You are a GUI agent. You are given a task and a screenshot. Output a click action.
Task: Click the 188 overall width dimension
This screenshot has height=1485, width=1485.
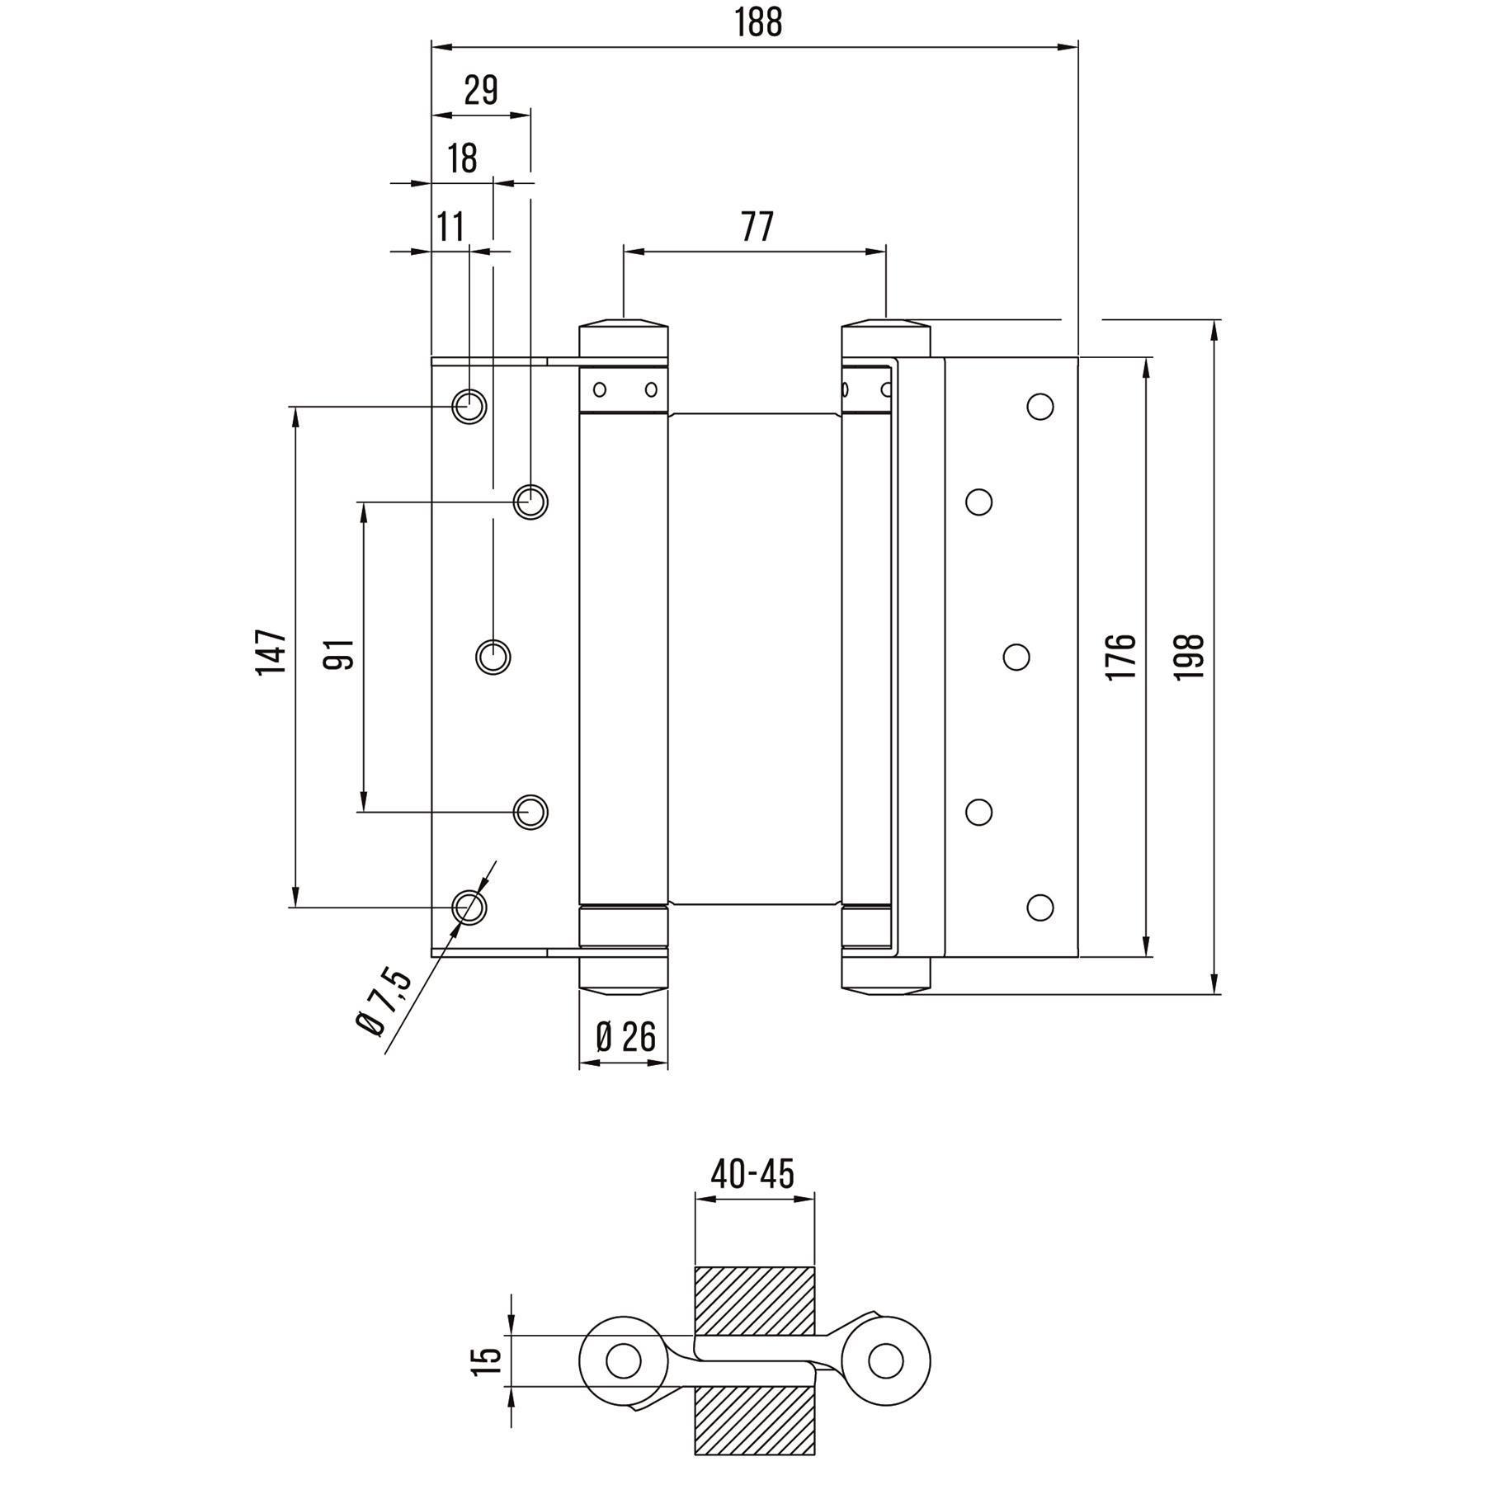(x=757, y=23)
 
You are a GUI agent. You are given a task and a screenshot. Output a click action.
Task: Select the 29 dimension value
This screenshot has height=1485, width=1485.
(x=480, y=90)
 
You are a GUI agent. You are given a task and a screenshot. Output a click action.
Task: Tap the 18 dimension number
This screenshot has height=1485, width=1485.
(x=463, y=158)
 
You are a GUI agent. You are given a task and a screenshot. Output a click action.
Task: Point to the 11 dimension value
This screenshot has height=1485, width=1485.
(x=450, y=226)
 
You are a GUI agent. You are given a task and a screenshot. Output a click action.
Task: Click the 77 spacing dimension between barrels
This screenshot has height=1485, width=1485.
(x=757, y=226)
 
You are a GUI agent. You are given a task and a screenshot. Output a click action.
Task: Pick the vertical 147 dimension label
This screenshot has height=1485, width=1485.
(x=271, y=652)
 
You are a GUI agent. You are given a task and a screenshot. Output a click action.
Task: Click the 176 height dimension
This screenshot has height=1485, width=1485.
(x=1121, y=657)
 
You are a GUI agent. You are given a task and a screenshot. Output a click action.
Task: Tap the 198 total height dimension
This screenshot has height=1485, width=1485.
(x=1190, y=657)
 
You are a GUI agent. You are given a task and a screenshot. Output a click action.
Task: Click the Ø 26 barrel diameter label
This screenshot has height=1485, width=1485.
(x=625, y=1036)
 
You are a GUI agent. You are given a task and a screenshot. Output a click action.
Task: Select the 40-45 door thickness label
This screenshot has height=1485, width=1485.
(x=752, y=1174)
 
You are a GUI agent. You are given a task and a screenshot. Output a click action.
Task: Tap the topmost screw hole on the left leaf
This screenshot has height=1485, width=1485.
(x=469, y=406)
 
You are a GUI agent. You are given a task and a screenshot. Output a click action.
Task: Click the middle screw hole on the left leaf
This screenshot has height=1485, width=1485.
(x=493, y=657)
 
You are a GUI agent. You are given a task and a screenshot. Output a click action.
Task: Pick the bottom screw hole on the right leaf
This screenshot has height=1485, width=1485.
(x=1039, y=907)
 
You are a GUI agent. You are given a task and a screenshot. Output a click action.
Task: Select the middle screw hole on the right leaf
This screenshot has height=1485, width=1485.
(x=1016, y=657)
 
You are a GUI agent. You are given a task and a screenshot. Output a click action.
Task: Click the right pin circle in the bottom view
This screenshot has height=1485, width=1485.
(x=885, y=1360)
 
